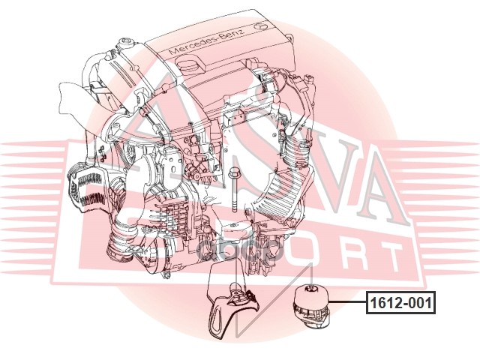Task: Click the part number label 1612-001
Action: pos(400,304)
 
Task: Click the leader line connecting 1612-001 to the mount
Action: pos(346,303)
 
